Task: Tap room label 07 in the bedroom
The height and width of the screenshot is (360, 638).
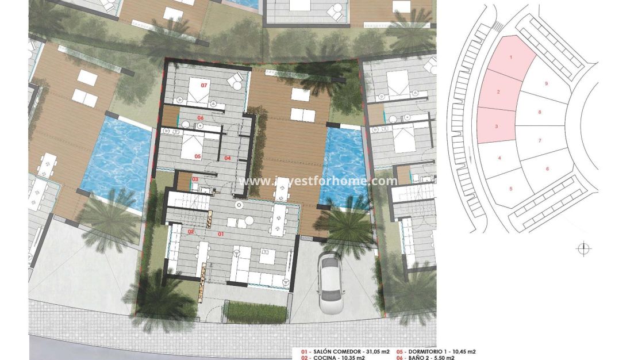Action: coord(203,85)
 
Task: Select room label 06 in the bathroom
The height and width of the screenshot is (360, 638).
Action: coord(201,118)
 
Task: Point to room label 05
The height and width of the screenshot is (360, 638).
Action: coord(197,156)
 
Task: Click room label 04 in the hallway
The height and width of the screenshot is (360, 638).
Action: coord(227,158)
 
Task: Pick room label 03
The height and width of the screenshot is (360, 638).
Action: coord(195,179)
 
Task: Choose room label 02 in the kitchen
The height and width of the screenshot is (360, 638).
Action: coord(191,232)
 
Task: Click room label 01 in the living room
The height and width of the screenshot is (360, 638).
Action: coord(221,234)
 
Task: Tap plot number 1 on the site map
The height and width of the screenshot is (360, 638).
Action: coord(510,58)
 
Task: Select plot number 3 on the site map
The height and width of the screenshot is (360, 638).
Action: coord(496,126)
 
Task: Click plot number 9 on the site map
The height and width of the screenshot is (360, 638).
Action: coord(546,84)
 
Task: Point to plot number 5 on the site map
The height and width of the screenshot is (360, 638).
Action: coord(510,188)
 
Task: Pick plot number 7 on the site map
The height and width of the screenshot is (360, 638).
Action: coord(540,140)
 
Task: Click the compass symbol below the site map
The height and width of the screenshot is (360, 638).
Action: coord(583,249)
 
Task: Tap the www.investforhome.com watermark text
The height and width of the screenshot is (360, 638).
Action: coord(318,181)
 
